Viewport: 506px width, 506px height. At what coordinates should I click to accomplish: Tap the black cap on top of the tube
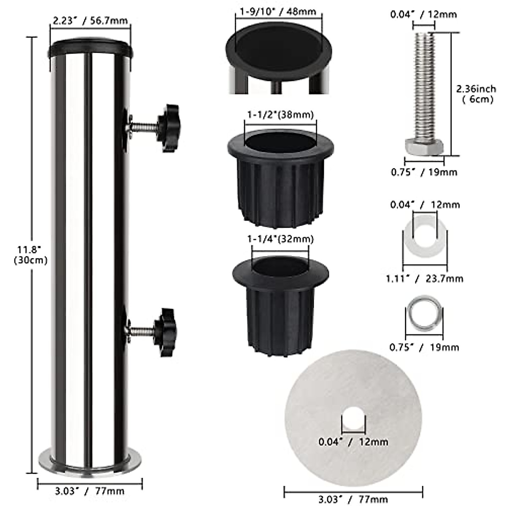90,49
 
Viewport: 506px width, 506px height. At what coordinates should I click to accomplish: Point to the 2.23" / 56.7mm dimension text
90,20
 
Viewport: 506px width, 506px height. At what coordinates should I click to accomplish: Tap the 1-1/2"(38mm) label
280,115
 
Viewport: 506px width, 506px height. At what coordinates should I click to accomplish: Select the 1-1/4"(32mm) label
280,239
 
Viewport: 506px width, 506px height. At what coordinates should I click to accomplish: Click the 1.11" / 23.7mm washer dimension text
425,278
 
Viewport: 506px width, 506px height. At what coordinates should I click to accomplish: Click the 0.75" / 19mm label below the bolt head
424,172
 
